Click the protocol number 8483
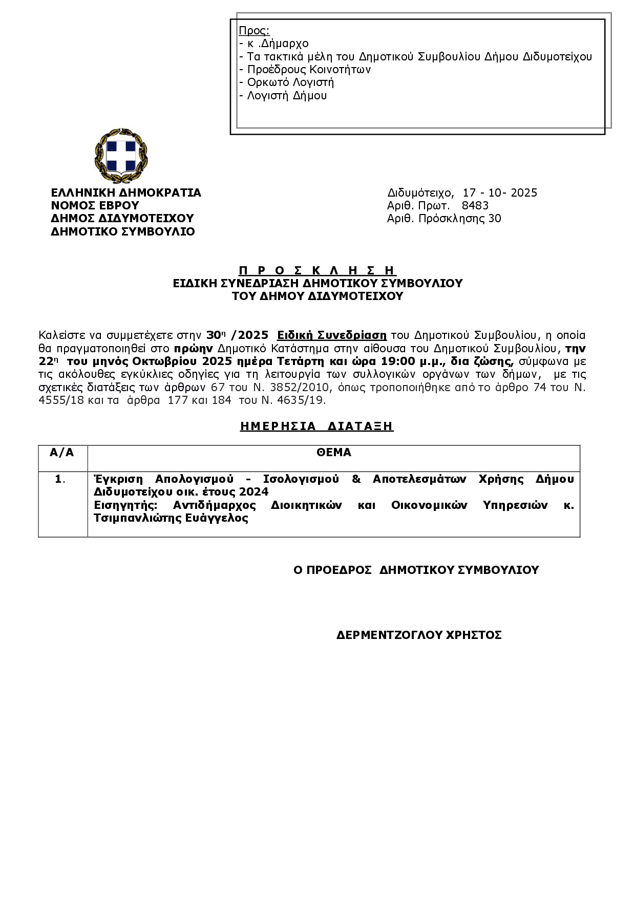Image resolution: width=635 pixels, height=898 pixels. (475, 206)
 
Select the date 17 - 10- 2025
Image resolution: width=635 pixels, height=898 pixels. (500, 193)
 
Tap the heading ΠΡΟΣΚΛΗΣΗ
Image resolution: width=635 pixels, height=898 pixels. (317, 270)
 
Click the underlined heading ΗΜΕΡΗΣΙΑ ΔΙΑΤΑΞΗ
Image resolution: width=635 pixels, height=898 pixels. (316, 426)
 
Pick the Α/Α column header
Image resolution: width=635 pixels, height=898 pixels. (62, 453)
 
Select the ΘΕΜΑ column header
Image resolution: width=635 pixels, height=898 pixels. (333, 453)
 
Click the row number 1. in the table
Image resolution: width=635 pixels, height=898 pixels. (60, 479)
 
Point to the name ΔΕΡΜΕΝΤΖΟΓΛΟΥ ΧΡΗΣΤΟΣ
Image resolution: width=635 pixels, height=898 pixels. (418, 635)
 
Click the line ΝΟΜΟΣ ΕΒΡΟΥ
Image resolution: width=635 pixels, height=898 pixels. (95, 206)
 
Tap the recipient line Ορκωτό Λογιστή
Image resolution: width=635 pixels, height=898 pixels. (290, 82)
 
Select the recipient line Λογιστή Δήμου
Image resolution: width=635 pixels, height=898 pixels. (287, 96)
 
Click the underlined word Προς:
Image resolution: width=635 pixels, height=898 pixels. (254, 31)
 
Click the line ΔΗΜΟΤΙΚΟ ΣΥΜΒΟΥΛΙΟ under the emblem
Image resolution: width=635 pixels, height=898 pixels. (122, 231)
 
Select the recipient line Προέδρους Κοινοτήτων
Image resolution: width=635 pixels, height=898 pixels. (309, 70)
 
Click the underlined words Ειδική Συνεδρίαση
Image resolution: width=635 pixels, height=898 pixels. (331, 335)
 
